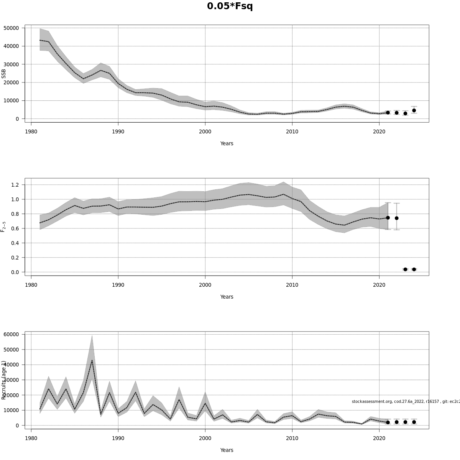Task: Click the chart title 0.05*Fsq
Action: (230, 7)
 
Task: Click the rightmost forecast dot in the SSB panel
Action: (414, 110)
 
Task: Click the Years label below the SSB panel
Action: (227, 143)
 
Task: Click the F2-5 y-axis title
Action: (3, 226)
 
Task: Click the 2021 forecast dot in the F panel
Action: (388, 218)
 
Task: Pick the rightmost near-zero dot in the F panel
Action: (414, 269)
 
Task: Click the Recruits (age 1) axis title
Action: (4, 380)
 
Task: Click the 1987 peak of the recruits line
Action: (92, 360)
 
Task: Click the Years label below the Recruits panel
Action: (227, 450)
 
